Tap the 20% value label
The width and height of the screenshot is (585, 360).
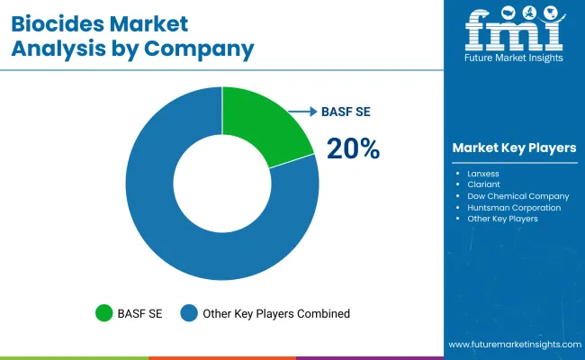pos(353,149)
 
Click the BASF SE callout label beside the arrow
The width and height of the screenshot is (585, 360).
pos(346,112)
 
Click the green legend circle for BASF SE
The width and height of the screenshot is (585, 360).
pos(104,313)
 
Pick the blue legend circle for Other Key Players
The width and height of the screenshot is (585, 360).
pos(189,313)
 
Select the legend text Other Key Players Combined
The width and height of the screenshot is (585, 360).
pos(277,313)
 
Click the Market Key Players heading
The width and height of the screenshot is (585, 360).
pos(514,148)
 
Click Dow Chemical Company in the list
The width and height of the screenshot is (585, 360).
pos(517,195)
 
